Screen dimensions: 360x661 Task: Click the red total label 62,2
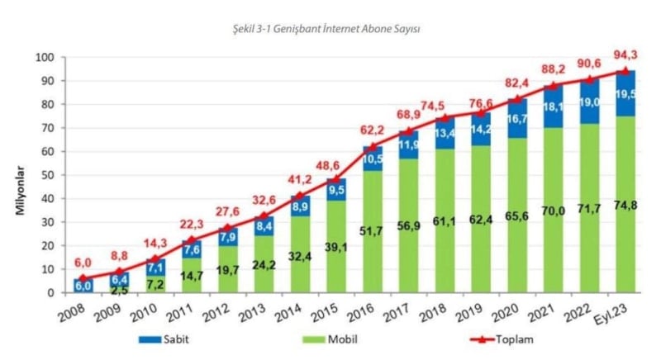point(372,129)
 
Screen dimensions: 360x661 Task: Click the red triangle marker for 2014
point(300,197)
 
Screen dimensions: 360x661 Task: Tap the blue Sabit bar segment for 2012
point(227,237)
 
